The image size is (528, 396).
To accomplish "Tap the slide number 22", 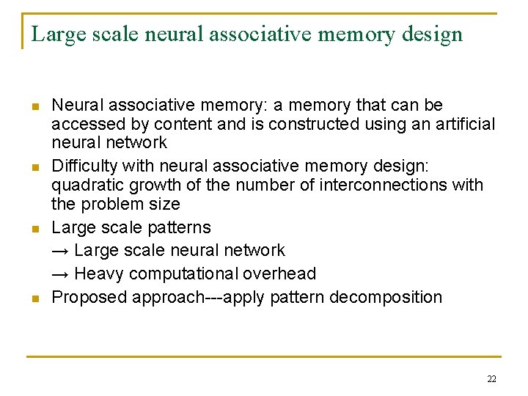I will [x=491, y=378].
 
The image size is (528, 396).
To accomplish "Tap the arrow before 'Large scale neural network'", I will [x=61, y=250].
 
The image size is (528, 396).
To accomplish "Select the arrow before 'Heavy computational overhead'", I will [x=61, y=274].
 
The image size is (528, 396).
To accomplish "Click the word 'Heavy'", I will [x=100, y=274].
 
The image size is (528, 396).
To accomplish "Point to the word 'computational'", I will [x=186, y=274].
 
